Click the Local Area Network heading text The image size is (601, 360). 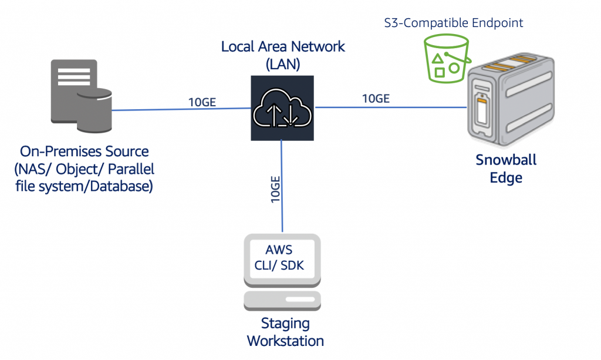coord(283,46)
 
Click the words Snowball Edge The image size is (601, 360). coord(506,168)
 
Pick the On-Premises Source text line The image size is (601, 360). coord(85,152)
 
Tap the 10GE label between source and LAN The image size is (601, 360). coord(202,102)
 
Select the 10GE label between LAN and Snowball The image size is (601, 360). coord(376,98)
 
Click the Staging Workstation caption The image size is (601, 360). coord(285,332)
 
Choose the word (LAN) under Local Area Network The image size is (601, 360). coord(283,64)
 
